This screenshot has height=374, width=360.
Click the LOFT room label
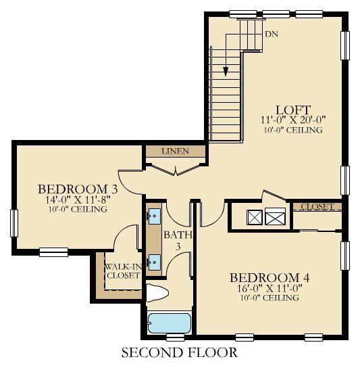[293, 110]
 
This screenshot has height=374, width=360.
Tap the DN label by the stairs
[272, 34]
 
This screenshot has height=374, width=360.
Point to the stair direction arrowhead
[226, 72]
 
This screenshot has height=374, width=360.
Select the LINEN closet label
[176, 151]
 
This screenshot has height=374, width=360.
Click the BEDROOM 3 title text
[78, 189]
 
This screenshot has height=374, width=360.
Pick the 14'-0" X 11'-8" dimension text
[78, 200]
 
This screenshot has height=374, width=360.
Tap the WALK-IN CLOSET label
[123, 271]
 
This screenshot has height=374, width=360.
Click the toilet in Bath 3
[157, 293]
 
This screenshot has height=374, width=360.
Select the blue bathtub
[170, 323]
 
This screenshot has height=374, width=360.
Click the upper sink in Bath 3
[155, 216]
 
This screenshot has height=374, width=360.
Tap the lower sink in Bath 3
[155, 262]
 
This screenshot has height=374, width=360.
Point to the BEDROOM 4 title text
[269, 278]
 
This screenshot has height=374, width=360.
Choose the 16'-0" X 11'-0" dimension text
[269, 288]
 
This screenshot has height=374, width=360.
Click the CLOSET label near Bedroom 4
[317, 206]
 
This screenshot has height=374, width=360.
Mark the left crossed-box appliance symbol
[255, 217]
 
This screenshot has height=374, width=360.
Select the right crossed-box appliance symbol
[275, 216]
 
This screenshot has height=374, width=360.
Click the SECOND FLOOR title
[180, 352]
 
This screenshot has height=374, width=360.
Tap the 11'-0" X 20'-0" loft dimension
[293, 120]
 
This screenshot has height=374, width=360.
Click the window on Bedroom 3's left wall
[14, 223]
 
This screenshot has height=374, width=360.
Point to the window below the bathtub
[176, 337]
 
